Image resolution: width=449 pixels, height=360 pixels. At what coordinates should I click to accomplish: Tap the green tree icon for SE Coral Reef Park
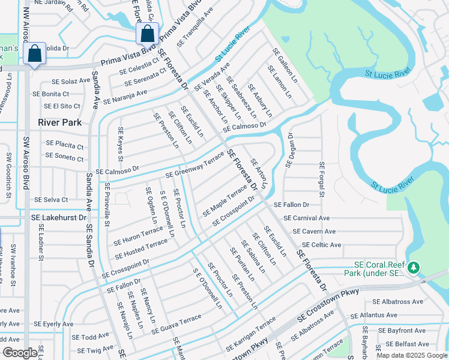[x=413, y=266]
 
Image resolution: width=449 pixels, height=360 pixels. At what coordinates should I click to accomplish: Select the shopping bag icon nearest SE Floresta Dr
[x=147, y=35]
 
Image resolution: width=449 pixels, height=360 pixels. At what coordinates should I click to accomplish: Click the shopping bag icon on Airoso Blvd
[x=35, y=54]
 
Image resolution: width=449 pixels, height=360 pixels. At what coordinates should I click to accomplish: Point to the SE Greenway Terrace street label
[x=194, y=167]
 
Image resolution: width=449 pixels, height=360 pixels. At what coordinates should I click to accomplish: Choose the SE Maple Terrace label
[x=224, y=200]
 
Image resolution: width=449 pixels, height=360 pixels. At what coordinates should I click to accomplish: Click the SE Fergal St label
[x=322, y=179]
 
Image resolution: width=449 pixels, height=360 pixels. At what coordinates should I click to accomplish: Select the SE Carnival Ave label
[x=306, y=218]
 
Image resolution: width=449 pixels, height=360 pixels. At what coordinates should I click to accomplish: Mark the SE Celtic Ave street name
[x=322, y=245]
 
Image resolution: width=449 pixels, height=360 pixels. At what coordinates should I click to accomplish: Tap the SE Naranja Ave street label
[x=125, y=97]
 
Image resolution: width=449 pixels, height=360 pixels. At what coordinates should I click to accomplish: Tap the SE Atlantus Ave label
[x=375, y=315]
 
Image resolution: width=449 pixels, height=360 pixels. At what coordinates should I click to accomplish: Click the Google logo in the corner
[x=19, y=353]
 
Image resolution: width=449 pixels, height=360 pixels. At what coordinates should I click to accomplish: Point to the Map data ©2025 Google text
[x=412, y=355]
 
